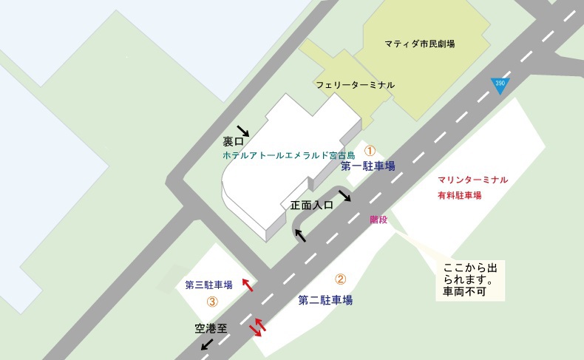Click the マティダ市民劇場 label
419,44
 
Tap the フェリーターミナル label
355,85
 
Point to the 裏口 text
234,140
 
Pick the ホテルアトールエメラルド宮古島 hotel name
289,156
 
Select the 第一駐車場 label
368,166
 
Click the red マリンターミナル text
472,180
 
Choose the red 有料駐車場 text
458,196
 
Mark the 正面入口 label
312,205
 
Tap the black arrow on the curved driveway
301,236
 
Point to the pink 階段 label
378,220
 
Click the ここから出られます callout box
468,279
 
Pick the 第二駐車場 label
325,300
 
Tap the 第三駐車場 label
209,285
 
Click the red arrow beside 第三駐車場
248,286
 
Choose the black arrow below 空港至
207,344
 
